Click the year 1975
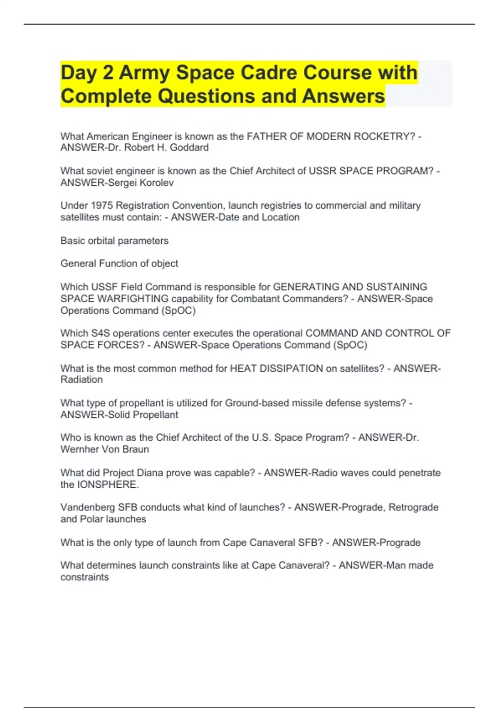pyautogui.click(x=102, y=206)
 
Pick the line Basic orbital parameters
pyautogui.click(x=114, y=241)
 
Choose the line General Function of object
pyautogui.click(x=119, y=264)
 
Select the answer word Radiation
pyautogui.click(x=82, y=380)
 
